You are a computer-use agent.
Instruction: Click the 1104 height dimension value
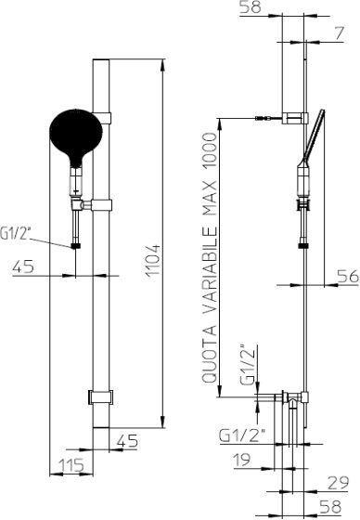(x=153, y=260)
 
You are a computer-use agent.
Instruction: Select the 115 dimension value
(x=71, y=465)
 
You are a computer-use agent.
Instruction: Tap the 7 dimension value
(x=339, y=33)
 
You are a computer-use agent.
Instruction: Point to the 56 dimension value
(x=348, y=276)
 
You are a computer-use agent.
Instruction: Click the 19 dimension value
(x=242, y=460)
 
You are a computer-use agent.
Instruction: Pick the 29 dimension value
(x=339, y=483)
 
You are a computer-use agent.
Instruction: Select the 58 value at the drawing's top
(x=251, y=7)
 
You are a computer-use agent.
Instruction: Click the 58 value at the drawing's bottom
(x=330, y=506)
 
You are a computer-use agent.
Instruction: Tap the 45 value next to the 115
(x=127, y=441)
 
